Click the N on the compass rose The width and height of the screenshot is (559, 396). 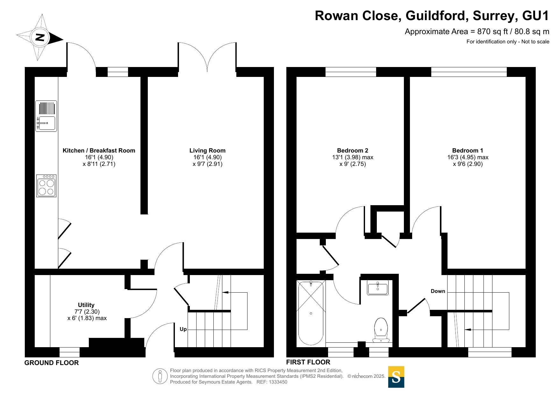pos(40,37)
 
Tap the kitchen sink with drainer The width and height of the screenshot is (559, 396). pos(46,116)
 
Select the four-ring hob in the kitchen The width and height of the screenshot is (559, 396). pos(46,186)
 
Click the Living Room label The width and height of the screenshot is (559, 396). pos(207,151)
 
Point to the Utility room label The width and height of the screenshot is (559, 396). pos(86,305)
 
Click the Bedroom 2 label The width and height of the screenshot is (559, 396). pos(353,151)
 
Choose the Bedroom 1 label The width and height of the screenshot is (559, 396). pos(468,151)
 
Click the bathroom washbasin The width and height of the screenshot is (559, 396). pos(378,288)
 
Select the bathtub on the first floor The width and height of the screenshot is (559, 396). pos(311,313)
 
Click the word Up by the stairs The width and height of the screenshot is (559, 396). pos(183,329)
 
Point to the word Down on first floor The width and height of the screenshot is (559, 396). pos(438,291)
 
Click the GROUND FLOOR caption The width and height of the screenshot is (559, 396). pos(52,363)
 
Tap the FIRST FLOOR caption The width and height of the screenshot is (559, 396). pos(308,362)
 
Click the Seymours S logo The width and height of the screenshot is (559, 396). pos(396,377)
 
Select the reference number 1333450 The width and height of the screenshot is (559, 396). pos(278,382)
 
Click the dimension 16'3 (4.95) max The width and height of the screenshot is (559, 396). pos(468,157)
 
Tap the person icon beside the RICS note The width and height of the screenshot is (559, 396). pos(160,376)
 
